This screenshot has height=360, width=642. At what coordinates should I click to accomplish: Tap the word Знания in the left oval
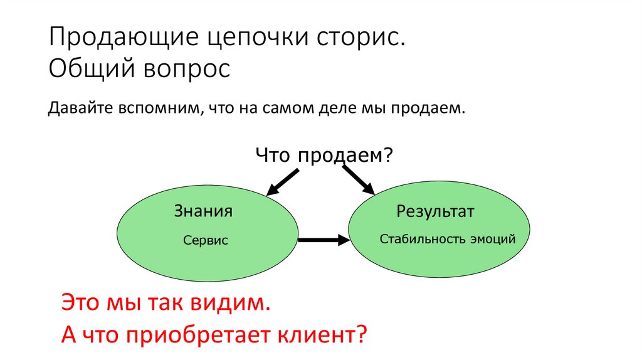203,211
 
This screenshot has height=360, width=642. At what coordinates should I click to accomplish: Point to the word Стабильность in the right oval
419,239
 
